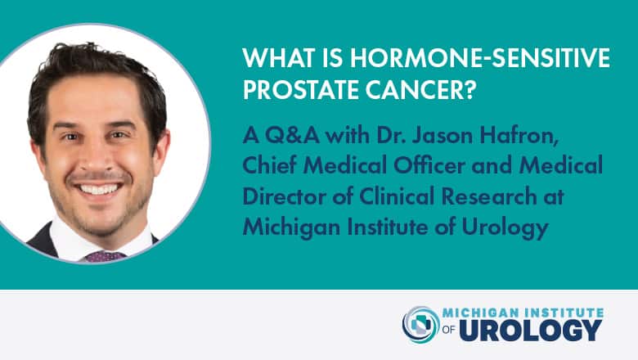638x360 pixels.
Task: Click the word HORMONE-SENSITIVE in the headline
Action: pyautogui.click(x=479, y=57)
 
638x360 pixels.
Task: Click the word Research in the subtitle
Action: pyautogui.click(x=489, y=196)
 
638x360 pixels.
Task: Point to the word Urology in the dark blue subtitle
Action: pyautogui.click(x=505, y=227)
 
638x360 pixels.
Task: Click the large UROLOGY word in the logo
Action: pyautogui.click(x=531, y=330)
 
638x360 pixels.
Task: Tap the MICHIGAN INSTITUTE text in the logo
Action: pyautogui.click(x=523, y=313)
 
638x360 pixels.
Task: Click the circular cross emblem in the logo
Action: pyautogui.click(x=421, y=325)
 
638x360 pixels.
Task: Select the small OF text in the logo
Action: pyautogui.click(x=449, y=330)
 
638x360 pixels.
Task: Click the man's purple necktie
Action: pyautogui.click(x=105, y=256)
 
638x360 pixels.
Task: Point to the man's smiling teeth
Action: pyautogui.click(x=99, y=189)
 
